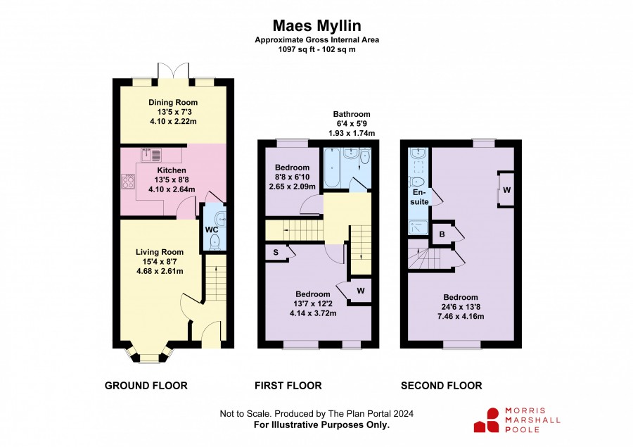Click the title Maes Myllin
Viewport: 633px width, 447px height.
tap(317, 26)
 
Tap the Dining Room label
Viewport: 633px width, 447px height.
tap(173, 103)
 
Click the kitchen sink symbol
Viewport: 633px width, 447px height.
tap(151, 154)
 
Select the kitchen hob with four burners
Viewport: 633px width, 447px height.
tap(129, 181)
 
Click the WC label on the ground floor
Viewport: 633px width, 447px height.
tap(212, 230)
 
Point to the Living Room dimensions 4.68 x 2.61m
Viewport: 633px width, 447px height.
tap(160, 271)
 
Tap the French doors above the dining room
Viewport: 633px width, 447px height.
tap(173, 71)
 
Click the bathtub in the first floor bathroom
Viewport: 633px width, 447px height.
tap(332, 168)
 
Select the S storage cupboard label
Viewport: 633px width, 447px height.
tap(276, 253)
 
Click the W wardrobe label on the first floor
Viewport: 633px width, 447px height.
tap(361, 291)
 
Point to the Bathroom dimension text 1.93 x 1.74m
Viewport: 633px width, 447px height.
tap(352, 133)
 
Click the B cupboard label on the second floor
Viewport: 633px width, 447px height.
tap(442, 234)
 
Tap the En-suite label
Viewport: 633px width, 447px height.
tap(419, 197)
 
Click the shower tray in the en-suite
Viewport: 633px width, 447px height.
tap(418, 227)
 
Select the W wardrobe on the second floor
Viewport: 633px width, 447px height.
tap(506, 189)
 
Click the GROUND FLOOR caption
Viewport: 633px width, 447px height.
tap(146, 386)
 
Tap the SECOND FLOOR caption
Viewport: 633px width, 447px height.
tap(441, 386)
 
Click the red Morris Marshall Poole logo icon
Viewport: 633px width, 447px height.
tap(487, 420)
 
